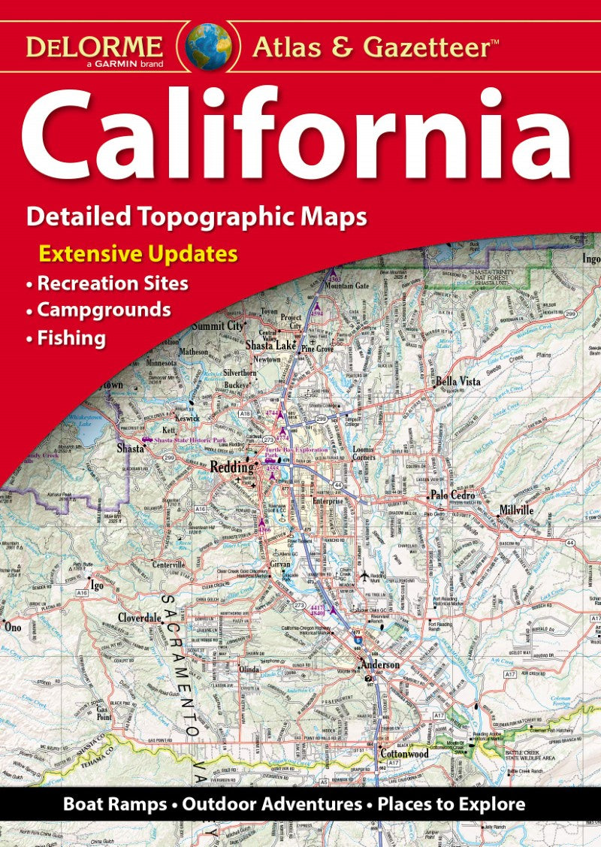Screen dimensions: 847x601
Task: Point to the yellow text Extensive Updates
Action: [138, 254]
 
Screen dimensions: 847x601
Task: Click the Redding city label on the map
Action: [231, 467]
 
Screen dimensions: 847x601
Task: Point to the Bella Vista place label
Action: [458, 382]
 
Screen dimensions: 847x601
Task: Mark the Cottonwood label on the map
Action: [404, 752]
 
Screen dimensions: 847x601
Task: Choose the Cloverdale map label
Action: [140, 617]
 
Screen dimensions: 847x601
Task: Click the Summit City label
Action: [218, 326]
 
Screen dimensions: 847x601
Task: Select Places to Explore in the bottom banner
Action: [452, 804]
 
